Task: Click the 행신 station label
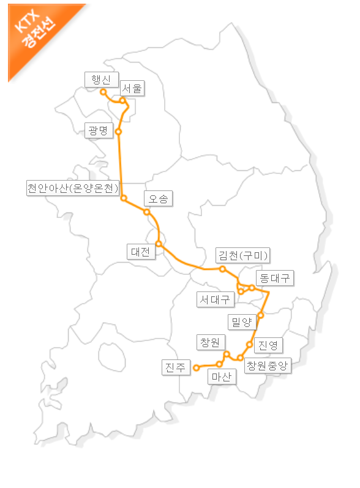point(98,79)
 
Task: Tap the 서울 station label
point(132,88)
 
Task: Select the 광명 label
point(99,130)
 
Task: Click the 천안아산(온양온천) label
point(72,188)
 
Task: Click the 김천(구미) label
point(244,255)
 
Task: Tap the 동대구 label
point(273,278)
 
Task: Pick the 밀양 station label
point(239,321)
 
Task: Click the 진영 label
point(268,345)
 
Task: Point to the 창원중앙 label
point(266,366)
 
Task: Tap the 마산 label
point(220,377)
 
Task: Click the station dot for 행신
point(103,92)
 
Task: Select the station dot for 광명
point(118,132)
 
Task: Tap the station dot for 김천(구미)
point(223,269)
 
